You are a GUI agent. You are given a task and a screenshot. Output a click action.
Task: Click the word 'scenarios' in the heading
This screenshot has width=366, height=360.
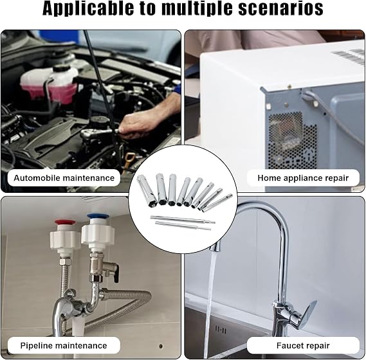(x=280, y=8)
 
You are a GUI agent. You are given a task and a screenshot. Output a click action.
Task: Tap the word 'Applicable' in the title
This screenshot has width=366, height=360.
(x=88, y=9)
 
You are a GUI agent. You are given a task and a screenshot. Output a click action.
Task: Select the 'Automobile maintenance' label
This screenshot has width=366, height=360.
(x=64, y=178)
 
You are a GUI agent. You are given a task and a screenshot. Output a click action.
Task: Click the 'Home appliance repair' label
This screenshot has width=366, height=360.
(x=303, y=178)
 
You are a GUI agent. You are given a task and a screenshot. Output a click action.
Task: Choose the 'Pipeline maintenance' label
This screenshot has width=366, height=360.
(x=64, y=345)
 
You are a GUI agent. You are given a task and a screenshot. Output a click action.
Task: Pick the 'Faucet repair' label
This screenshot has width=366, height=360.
(x=303, y=345)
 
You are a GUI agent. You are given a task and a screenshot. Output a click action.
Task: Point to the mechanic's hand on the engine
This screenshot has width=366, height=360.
(x=145, y=122)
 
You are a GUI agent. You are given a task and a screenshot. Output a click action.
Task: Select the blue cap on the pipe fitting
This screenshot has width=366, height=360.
(x=96, y=216)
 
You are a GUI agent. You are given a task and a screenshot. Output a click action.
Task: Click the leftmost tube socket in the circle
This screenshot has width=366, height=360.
(x=145, y=188)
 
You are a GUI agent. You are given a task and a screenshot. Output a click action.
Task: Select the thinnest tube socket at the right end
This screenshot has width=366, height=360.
(x=217, y=203)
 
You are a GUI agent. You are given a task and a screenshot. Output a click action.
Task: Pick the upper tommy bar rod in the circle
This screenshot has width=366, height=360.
(x=183, y=220)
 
